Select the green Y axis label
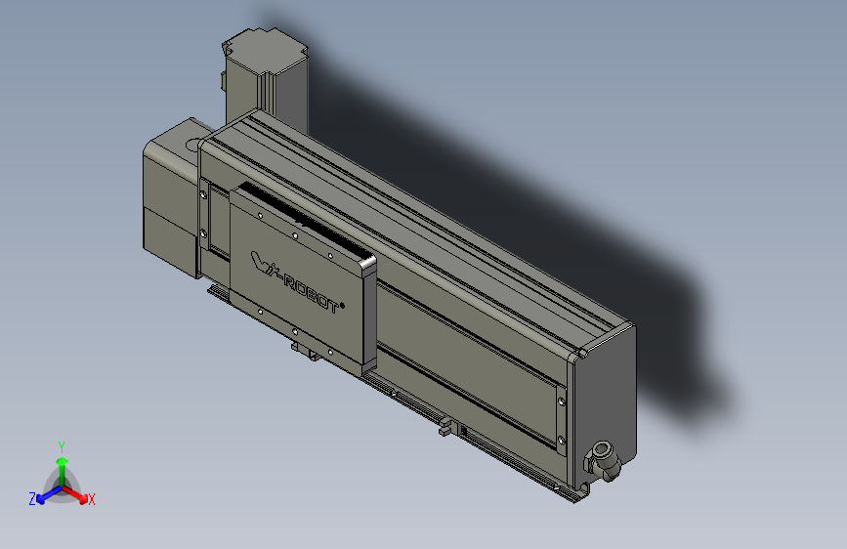click(x=61, y=445)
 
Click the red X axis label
click(x=92, y=500)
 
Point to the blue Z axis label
click(x=31, y=499)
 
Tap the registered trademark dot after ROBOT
click(x=344, y=302)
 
